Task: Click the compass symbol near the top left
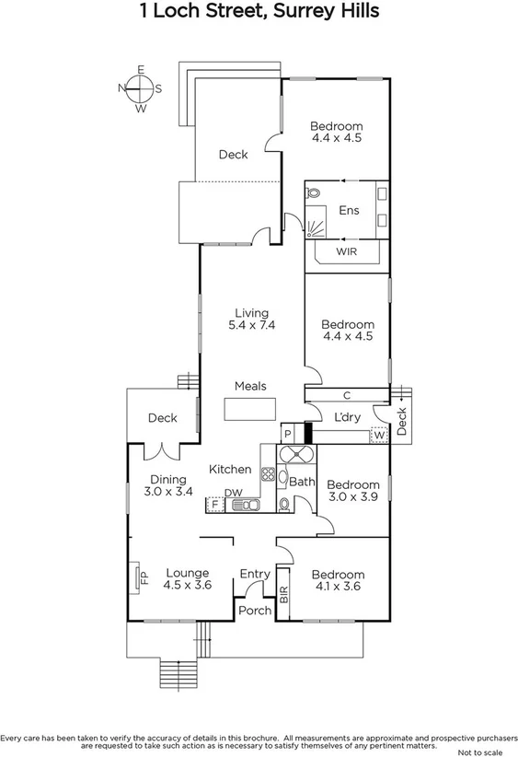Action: coord(140,88)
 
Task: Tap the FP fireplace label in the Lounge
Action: coord(143,577)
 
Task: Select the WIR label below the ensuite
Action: coord(347,250)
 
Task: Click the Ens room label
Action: coord(349,211)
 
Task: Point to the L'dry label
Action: coord(347,417)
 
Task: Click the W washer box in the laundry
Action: coord(379,435)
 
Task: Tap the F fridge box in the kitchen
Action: coord(215,504)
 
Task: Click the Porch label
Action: coord(255,611)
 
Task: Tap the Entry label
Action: coord(255,575)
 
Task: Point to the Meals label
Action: coord(250,386)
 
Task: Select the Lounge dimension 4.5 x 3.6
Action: coord(188,585)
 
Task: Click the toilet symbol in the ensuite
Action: coord(313,195)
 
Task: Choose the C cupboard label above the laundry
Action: coord(347,395)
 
